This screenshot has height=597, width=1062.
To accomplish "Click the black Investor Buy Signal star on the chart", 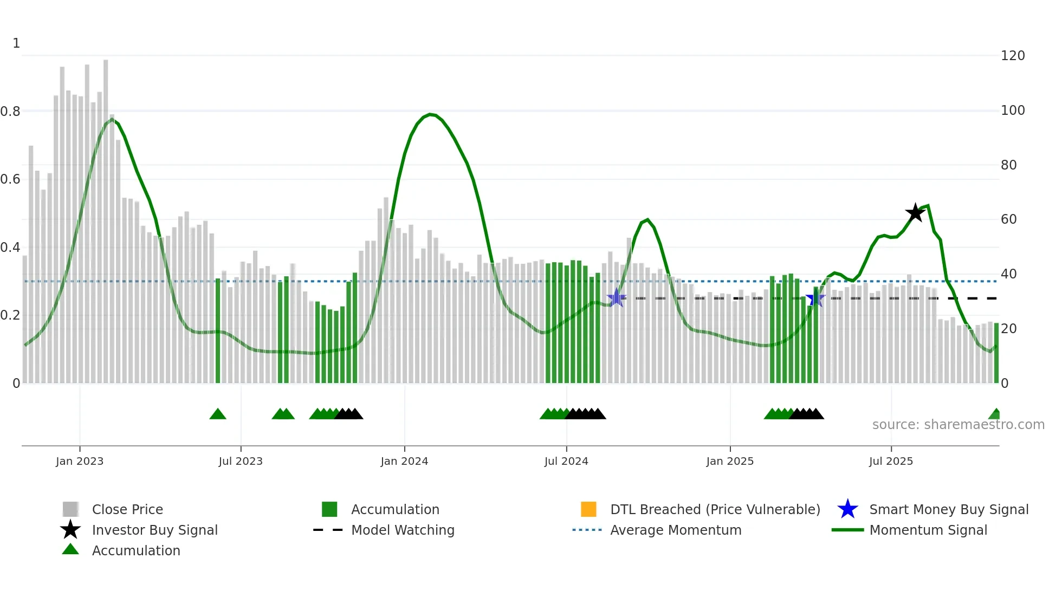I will pos(915,213).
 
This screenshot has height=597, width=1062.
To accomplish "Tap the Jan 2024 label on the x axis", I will pos(404,461).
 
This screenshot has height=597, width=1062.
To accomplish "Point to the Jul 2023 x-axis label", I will pos(241,461).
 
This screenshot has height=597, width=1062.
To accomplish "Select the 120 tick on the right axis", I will pos(1012,56).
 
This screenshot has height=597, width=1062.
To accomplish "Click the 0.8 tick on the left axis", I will pos(11,112).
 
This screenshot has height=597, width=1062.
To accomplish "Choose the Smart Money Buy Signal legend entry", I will pos(948,509).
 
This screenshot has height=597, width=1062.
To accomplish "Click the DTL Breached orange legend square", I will pos(588,509).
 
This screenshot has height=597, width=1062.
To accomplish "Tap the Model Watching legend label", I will pos(403,530).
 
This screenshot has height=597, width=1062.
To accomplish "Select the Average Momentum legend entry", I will pos(675,530).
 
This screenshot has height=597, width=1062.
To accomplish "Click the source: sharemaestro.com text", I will pos(958,424).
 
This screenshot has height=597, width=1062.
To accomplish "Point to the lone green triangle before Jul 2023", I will pos(218,414).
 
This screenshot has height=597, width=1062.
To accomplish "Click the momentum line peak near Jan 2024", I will pos(430,114).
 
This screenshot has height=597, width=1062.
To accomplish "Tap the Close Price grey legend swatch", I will pos(70,509).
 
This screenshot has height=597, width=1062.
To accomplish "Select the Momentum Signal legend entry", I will pos(928,530).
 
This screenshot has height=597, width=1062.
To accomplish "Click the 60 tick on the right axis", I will pos(1008,219).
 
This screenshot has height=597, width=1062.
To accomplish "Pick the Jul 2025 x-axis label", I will pos(891,461).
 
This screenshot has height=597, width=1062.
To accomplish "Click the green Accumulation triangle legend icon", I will pos(70,549).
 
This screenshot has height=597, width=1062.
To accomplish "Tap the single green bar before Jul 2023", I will pos(218,330).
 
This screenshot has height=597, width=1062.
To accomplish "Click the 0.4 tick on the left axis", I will pos(11,248).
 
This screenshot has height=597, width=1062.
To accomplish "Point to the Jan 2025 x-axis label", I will pos(729,461).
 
